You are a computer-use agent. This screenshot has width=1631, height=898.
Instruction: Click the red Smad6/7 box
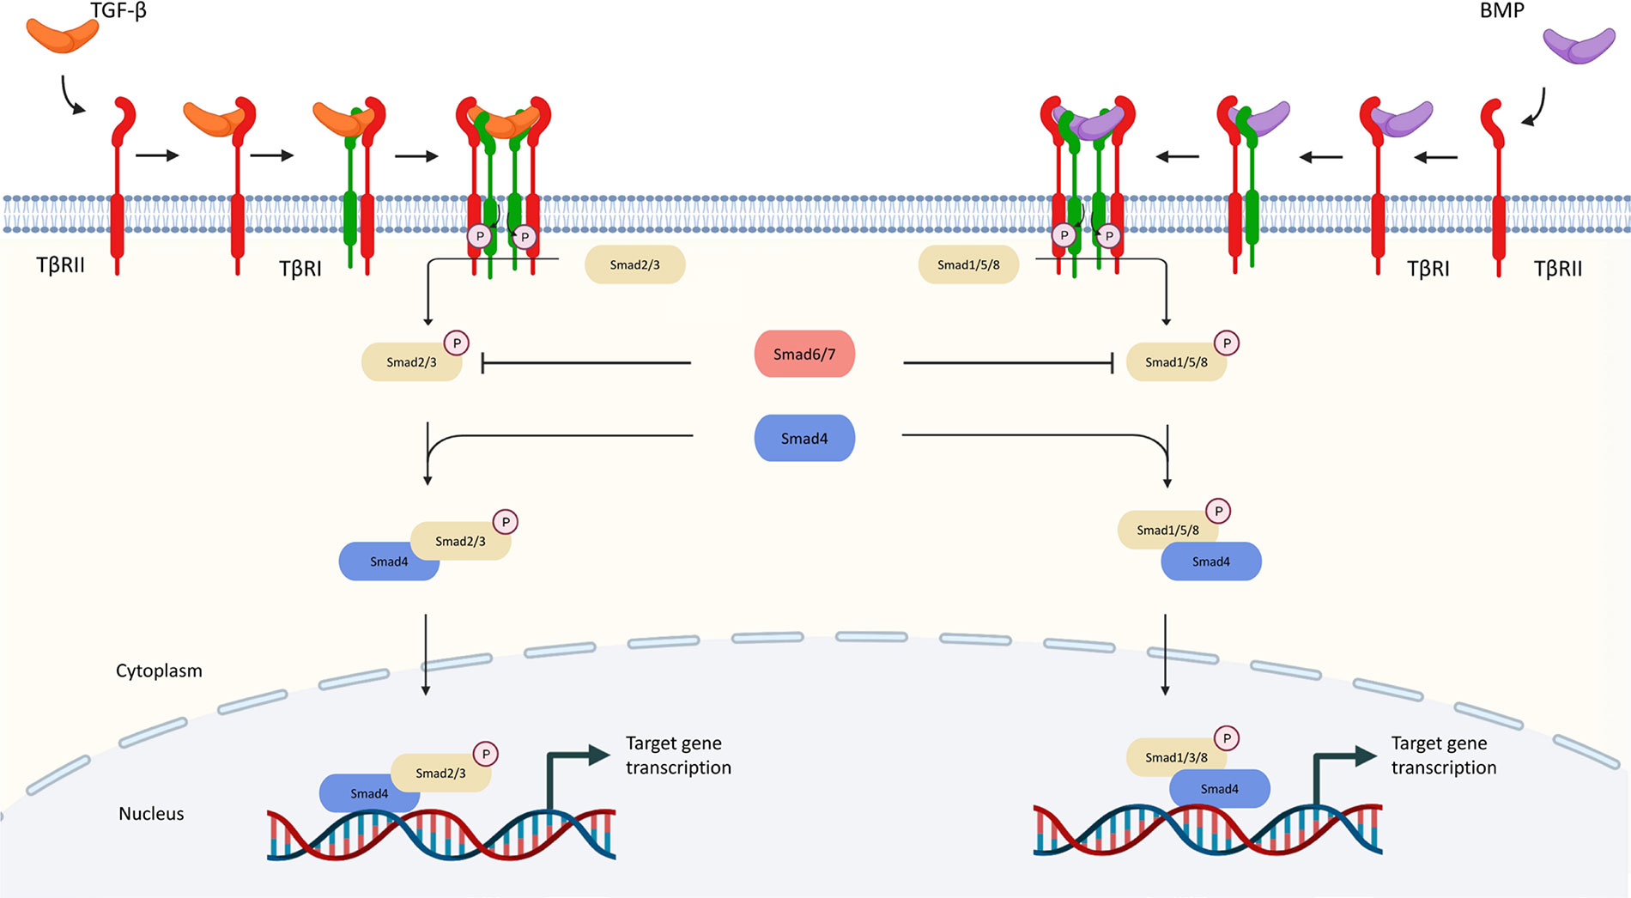tap(804, 354)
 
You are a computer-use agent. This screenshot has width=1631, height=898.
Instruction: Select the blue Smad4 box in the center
tap(804, 438)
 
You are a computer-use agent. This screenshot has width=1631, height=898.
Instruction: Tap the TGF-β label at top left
tap(118, 11)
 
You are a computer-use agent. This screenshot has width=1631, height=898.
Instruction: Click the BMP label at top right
tap(1501, 11)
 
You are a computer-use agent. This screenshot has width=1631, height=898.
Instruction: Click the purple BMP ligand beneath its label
tap(1579, 46)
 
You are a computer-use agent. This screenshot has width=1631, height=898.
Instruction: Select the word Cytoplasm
tap(159, 670)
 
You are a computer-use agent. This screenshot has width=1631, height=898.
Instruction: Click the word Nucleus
tap(151, 814)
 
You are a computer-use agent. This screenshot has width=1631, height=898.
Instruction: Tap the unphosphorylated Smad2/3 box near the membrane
tap(634, 264)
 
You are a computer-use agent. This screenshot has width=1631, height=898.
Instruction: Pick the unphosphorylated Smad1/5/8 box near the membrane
tap(968, 264)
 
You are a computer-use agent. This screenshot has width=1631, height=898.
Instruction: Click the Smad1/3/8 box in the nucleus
tap(1176, 757)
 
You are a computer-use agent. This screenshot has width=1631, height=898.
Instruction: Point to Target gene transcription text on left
tap(678, 755)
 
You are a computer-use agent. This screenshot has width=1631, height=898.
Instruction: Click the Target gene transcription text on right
tap(1444, 755)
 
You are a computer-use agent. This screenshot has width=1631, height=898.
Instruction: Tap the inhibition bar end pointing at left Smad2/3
tap(484, 363)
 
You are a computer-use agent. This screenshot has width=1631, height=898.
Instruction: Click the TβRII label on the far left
tap(60, 265)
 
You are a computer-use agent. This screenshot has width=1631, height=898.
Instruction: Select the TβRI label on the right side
tap(1428, 270)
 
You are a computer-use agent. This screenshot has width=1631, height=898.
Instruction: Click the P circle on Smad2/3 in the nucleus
tap(486, 754)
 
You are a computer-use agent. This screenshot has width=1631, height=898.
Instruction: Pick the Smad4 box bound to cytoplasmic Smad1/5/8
tap(1210, 561)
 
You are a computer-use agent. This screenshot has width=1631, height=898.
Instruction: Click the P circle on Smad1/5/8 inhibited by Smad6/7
tap(1227, 343)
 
